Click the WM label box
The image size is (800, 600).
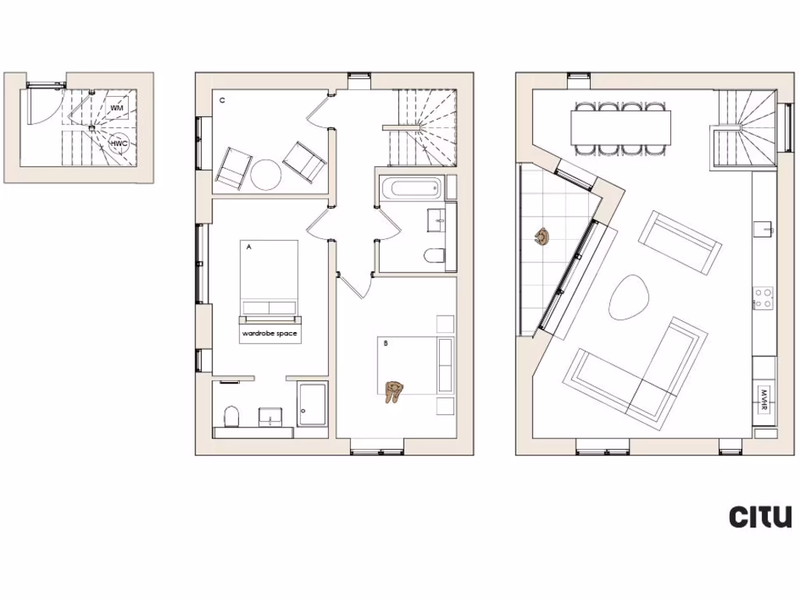tap(116, 107)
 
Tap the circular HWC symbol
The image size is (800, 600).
tap(118, 144)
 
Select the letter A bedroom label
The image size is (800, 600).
tap(248, 246)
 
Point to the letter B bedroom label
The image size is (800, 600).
tap(385, 342)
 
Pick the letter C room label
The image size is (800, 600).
tap(223, 101)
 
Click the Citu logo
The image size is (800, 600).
tap(760, 516)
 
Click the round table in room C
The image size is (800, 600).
tap(265, 174)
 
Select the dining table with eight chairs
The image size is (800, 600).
tap(621, 124)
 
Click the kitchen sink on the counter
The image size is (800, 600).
tap(763, 229)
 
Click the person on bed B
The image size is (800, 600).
tap(395, 391)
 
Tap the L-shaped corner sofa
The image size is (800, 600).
tap(641, 375)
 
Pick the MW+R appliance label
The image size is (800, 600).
tap(764, 398)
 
